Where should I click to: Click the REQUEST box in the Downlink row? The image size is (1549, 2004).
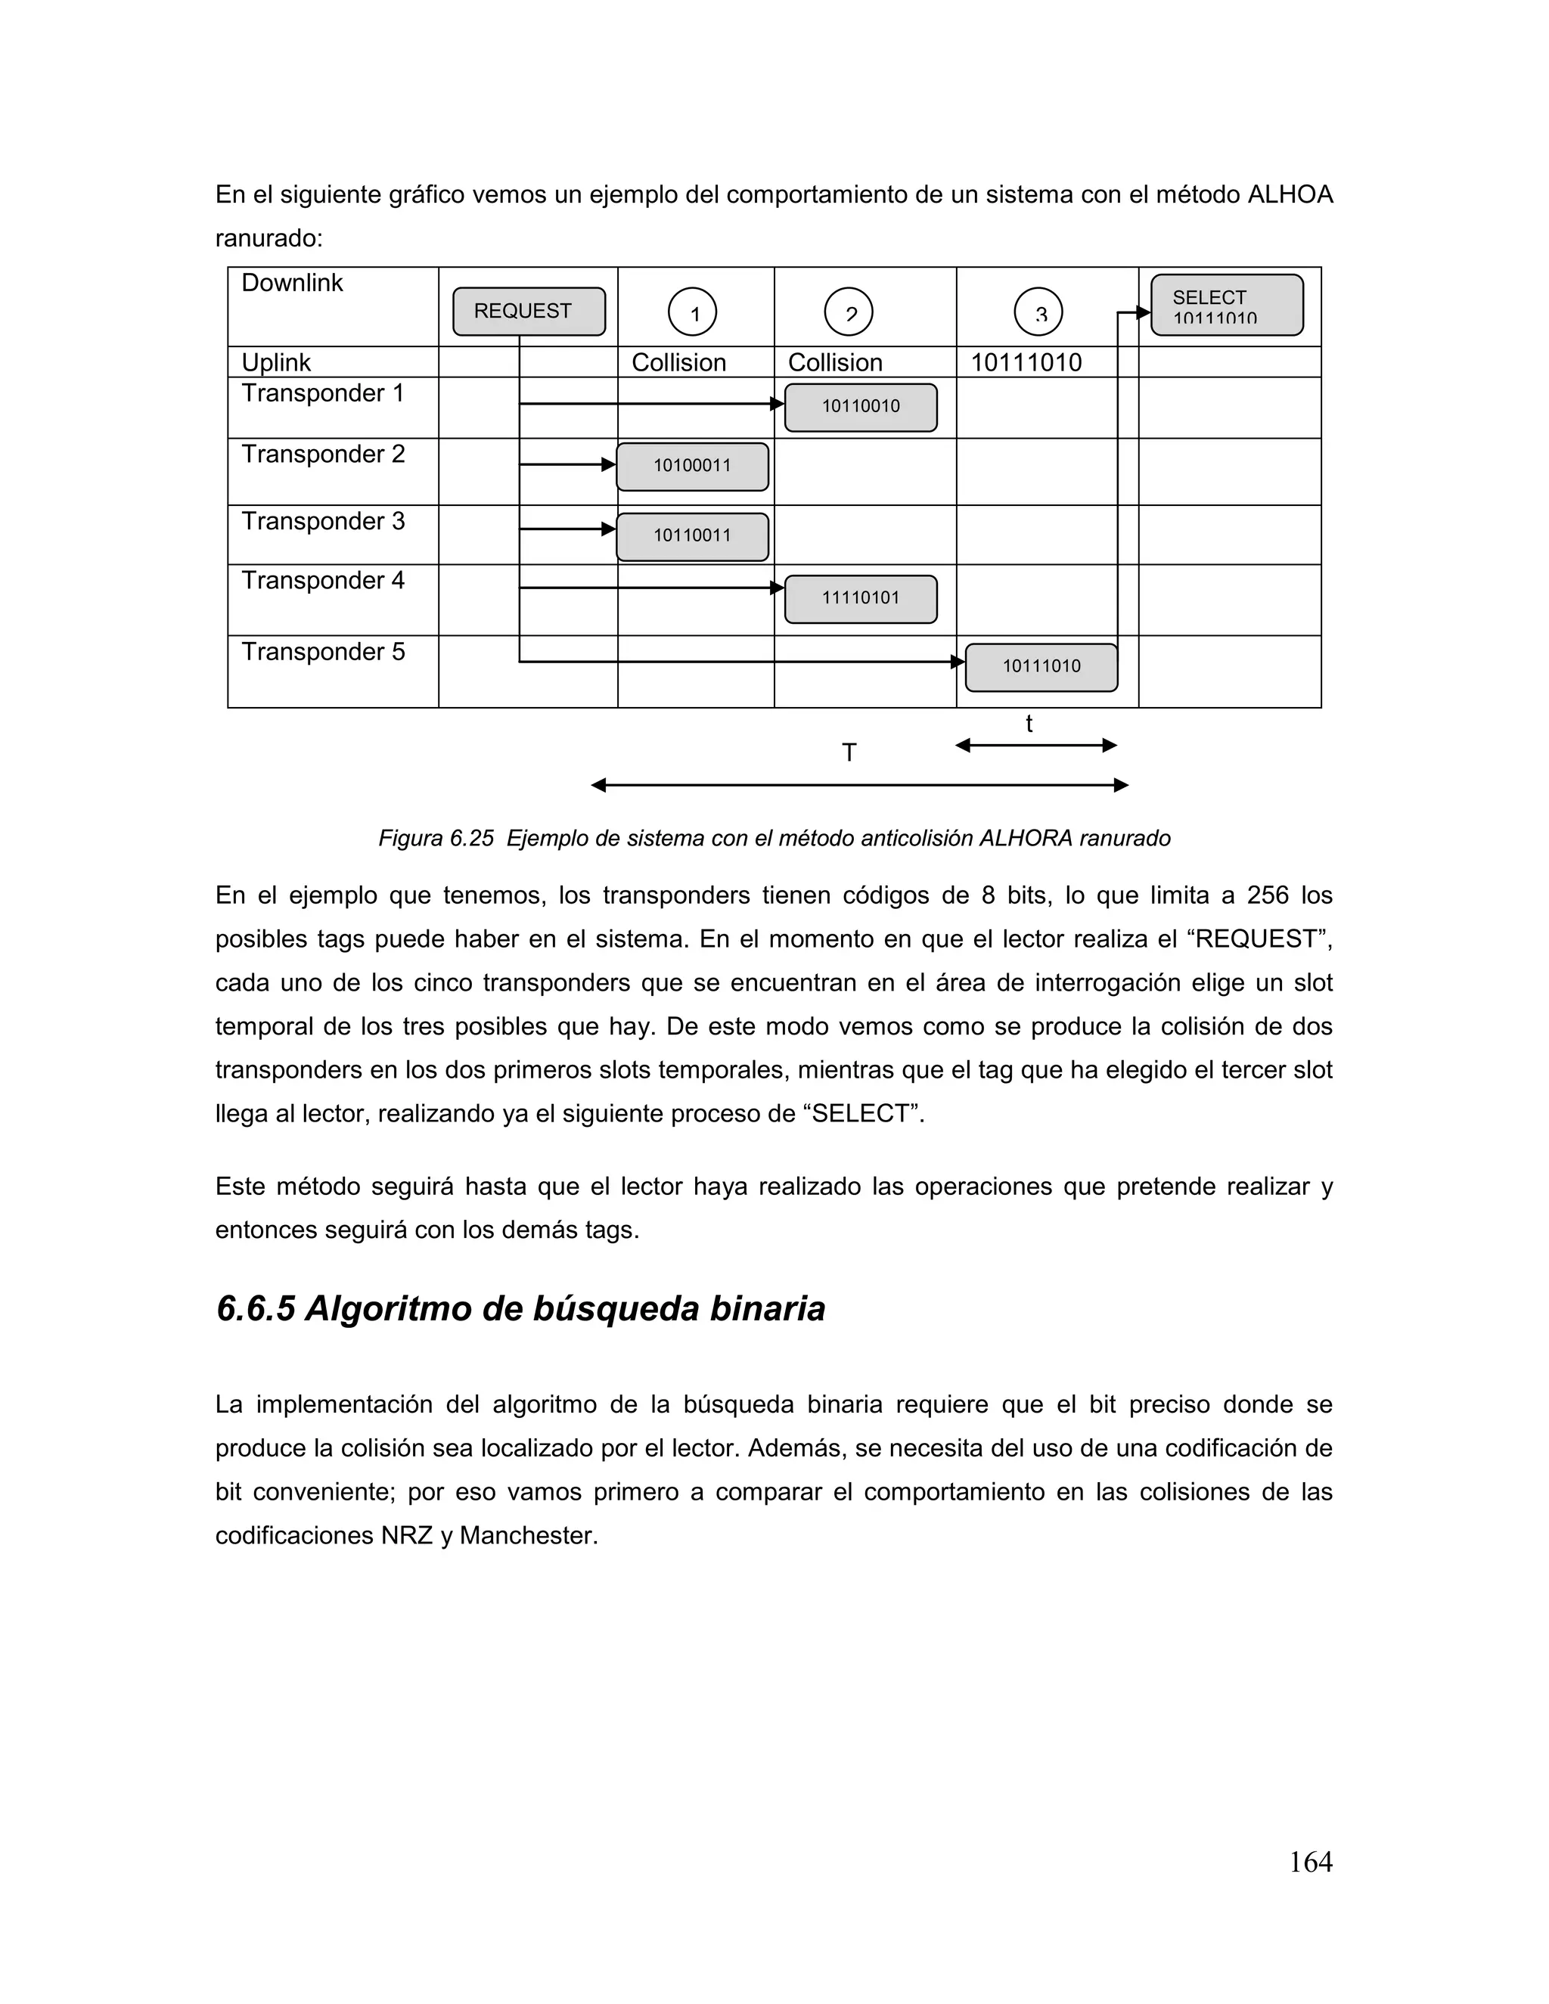pyautogui.click(x=529, y=311)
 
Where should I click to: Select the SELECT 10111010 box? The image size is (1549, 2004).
pyautogui.click(x=1226, y=306)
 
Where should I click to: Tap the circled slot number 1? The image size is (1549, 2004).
pyautogui.click(x=692, y=313)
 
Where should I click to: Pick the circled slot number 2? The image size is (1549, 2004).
pyautogui.click(x=848, y=313)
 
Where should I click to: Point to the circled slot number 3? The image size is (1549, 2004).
pyautogui.click(x=1038, y=313)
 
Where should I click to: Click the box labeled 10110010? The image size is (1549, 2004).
pyautogui.click(x=860, y=407)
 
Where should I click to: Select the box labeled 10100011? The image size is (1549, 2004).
pyautogui.click(x=692, y=466)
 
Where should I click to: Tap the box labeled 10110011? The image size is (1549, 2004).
pyautogui.click(x=692, y=536)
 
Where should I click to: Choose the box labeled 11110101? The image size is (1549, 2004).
pyautogui.click(x=860, y=598)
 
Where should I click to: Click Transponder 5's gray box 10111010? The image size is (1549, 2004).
pyautogui.click(x=1041, y=667)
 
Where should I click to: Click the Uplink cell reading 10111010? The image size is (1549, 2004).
pyautogui.click(x=1026, y=362)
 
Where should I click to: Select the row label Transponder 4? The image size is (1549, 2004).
pyautogui.click(x=322, y=581)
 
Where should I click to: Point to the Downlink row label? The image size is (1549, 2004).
pyautogui.click(x=292, y=284)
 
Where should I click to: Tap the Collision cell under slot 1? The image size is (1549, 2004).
pyautogui.click(x=678, y=362)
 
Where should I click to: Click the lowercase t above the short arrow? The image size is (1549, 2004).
pyautogui.click(x=1029, y=724)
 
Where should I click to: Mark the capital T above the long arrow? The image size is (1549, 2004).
pyautogui.click(x=849, y=753)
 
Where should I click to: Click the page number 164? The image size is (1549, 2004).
pyautogui.click(x=1309, y=1862)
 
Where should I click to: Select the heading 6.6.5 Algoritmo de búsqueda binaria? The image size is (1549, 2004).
pyautogui.click(x=520, y=1308)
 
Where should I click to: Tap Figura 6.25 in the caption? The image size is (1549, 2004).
pyautogui.click(x=436, y=839)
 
